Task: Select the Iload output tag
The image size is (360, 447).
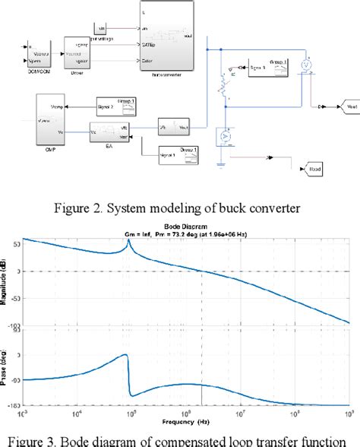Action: [x=311, y=166]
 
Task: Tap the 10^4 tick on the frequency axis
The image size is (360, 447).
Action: [x=77, y=413]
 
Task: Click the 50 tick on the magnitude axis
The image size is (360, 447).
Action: [x=15, y=244]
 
